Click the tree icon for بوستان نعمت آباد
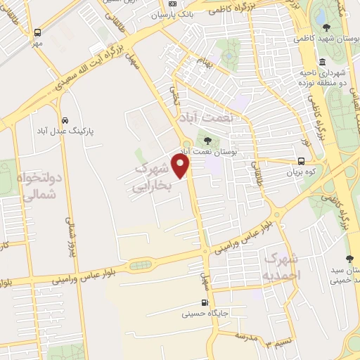click(206, 139)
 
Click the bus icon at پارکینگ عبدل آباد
click(65, 120)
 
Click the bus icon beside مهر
click(37, 32)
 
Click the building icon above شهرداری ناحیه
click(321, 60)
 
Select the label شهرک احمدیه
click(278, 264)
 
